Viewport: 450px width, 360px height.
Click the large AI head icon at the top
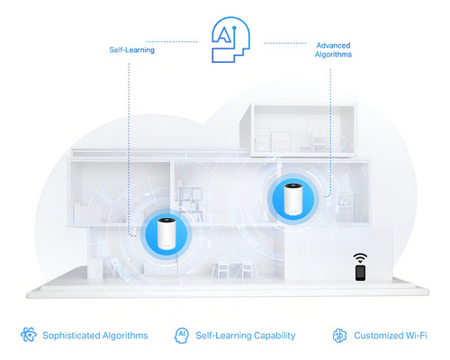(x=230, y=40)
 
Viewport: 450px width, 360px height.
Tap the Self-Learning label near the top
(x=132, y=49)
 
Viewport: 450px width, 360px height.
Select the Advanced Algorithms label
(x=333, y=49)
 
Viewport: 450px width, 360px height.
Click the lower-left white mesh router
(x=166, y=233)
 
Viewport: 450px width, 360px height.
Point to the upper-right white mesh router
(x=293, y=199)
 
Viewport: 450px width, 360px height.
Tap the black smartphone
(x=360, y=273)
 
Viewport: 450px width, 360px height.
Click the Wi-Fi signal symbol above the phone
(x=360, y=258)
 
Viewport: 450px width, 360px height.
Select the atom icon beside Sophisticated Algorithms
(x=29, y=335)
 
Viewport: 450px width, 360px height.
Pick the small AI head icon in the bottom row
(x=182, y=335)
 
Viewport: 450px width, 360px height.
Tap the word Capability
(x=274, y=336)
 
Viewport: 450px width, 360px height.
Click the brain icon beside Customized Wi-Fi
(x=339, y=335)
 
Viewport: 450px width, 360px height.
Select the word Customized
(x=378, y=335)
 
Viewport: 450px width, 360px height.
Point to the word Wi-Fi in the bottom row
(x=416, y=335)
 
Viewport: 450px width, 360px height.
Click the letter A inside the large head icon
(x=222, y=33)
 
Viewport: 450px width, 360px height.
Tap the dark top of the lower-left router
(x=166, y=220)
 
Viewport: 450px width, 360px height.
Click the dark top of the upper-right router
(x=293, y=185)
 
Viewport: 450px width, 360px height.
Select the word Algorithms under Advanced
(x=333, y=54)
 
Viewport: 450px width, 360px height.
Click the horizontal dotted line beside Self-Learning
(x=172, y=41)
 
